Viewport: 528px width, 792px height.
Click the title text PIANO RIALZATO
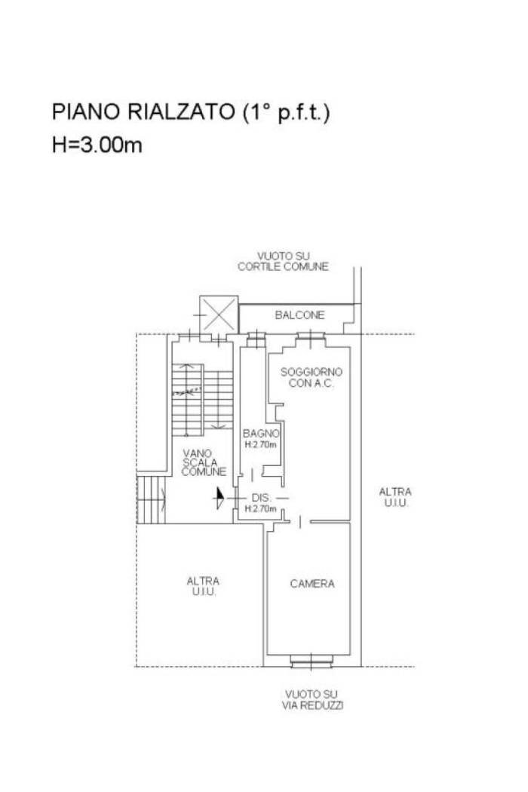[x=143, y=112]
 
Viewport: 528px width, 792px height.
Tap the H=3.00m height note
[x=97, y=145]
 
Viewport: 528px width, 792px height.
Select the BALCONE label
[x=299, y=315]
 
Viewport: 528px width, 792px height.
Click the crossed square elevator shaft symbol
[x=219, y=315]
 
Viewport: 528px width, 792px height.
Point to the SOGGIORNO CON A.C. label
[x=312, y=377]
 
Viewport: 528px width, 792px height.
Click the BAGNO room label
[x=261, y=434]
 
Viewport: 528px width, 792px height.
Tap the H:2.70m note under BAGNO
[x=261, y=445]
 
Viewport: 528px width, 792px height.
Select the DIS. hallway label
[x=261, y=498]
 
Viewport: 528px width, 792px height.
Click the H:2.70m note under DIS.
[x=261, y=508]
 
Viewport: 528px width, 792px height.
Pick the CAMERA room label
[x=312, y=584]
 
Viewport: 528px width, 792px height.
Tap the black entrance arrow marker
[x=219, y=498]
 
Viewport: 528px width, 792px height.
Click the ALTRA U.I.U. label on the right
[x=395, y=497]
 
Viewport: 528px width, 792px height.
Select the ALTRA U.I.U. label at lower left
[x=203, y=586]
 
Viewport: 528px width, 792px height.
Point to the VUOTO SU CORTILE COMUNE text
[x=283, y=261]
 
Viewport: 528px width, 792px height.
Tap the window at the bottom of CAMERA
[x=312, y=661]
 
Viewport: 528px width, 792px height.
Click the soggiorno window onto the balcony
[x=311, y=336]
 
